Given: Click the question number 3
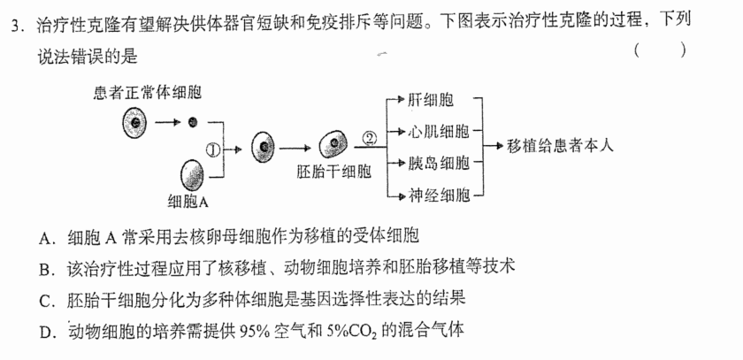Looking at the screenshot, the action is (x=17, y=26).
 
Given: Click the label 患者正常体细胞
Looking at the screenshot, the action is (x=148, y=92).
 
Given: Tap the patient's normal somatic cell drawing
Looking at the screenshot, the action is (x=134, y=123).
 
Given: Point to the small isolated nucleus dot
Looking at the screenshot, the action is (x=193, y=122).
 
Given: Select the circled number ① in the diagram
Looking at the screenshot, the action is (x=214, y=149).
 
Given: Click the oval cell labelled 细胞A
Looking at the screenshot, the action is (x=192, y=175).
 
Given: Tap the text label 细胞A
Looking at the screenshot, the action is (x=188, y=203).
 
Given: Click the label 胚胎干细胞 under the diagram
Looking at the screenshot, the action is (x=333, y=172).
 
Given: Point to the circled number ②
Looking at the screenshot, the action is (x=370, y=138).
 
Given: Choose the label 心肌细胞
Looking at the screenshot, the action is (x=439, y=132).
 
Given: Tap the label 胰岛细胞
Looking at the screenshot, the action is (x=439, y=163).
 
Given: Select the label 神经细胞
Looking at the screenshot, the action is (x=439, y=195).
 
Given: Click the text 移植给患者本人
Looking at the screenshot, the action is (x=560, y=145).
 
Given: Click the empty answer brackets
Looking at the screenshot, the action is (x=660, y=50).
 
